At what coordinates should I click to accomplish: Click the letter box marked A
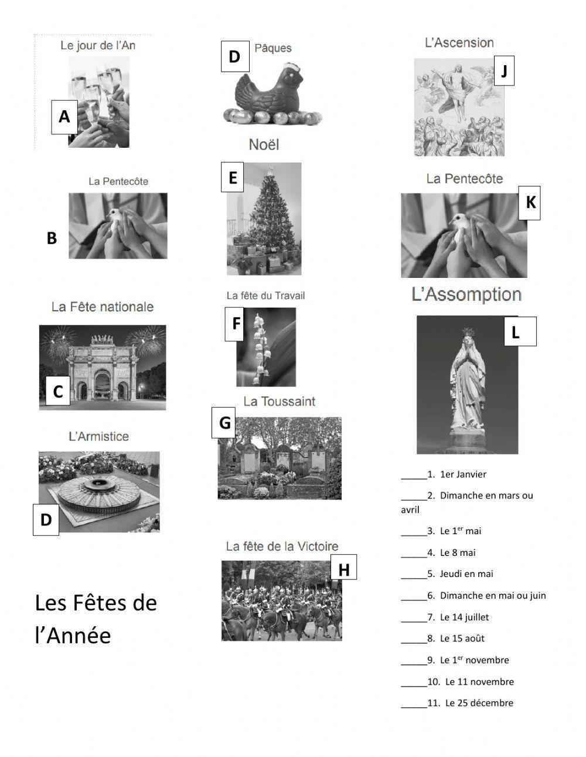pyautogui.click(x=64, y=117)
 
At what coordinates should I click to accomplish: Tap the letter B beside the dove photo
pyautogui.click(x=52, y=239)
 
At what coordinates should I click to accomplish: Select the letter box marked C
pyautogui.click(x=58, y=391)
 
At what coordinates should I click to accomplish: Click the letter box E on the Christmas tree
pyautogui.click(x=233, y=177)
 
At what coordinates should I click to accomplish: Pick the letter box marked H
pyautogui.click(x=343, y=569)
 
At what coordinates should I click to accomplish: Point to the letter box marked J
pyautogui.click(x=504, y=71)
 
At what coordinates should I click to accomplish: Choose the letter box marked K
pyautogui.click(x=530, y=203)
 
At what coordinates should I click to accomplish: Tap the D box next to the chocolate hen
pyautogui.click(x=234, y=56)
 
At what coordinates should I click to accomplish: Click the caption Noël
pyautogui.click(x=264, y=145)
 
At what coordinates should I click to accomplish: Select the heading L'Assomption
pyautogui.click(x=466, y=295)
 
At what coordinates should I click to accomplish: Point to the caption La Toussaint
pyautogui.click(x=279, y=402)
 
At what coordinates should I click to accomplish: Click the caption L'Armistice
pyautogui.click(x=98, y=436)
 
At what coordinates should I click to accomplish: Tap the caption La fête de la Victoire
pyautogui.click(x=282, y=546)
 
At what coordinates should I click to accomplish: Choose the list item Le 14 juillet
pyautogui.click(x=464, y=617)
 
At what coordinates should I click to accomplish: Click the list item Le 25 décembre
pyautogui.click(x=479, y=702)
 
